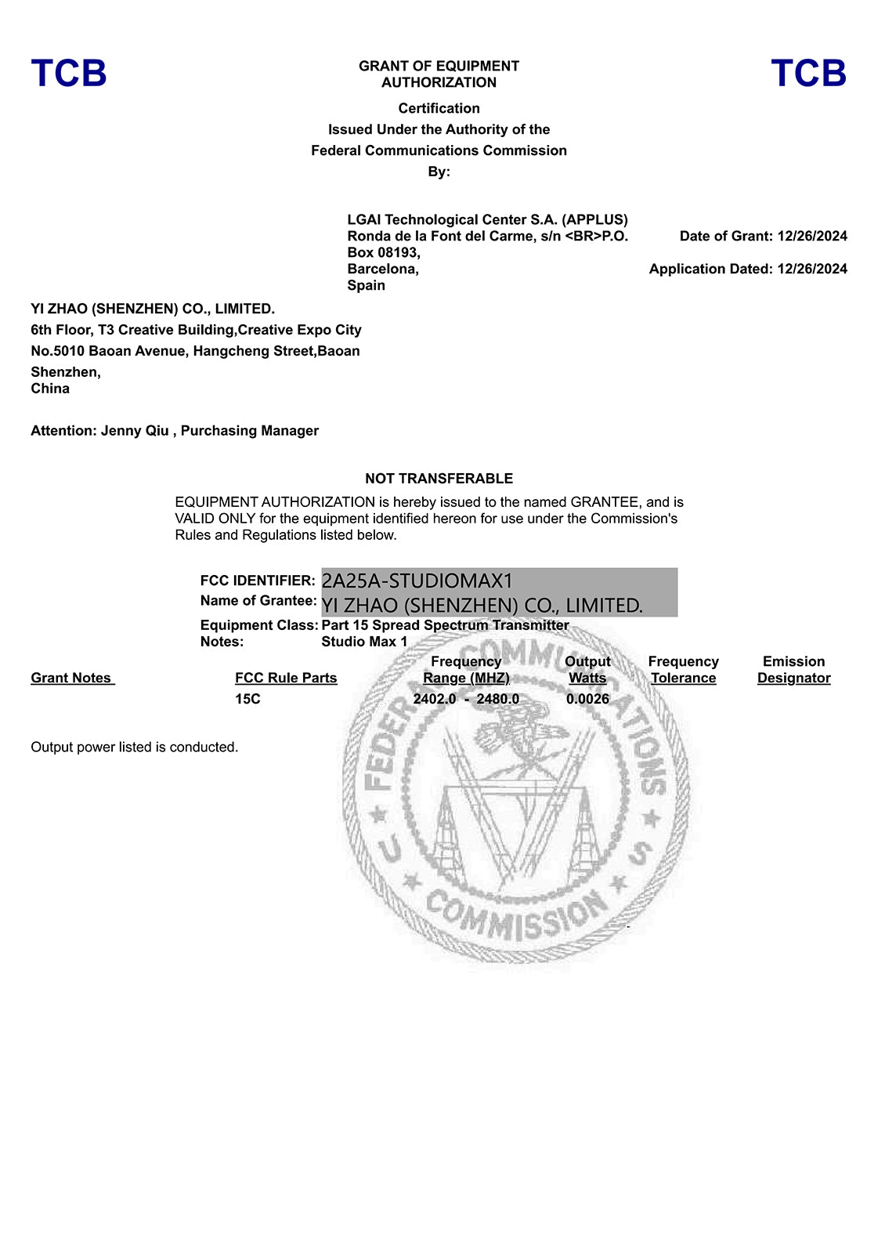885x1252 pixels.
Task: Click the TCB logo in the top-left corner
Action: [69, 73]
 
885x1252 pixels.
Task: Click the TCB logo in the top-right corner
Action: [808, 73]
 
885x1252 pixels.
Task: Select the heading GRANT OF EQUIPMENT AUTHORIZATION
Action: [439, 74]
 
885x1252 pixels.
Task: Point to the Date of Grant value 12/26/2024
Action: [812, 236]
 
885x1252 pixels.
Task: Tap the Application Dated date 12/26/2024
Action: [812, 269]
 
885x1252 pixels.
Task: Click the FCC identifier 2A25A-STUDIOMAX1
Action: [417, 581]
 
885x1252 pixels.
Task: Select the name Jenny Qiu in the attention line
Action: [135, 431]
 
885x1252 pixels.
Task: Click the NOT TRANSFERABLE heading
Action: [439, 479]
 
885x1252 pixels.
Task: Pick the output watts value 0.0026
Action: [587, 699]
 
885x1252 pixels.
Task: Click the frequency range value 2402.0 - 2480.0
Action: [466, 699]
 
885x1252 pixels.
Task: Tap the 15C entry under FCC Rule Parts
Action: [247, 699]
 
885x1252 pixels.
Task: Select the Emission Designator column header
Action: [793, 670]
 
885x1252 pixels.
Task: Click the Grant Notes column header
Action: [72, 678]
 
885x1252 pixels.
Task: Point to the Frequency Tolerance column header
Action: [683, 670]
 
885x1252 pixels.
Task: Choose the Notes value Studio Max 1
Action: [364, 642]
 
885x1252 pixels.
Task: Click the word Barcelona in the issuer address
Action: [382, 269]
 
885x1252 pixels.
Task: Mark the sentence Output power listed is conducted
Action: [135, 747]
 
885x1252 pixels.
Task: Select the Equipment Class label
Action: [258, 625]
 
